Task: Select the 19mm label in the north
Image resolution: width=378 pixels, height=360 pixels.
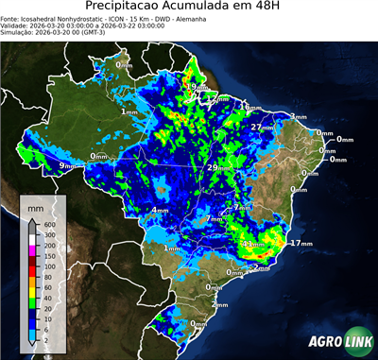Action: coord(191,87)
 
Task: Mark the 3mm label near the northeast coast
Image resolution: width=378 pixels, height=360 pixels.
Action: coord(299,116)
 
